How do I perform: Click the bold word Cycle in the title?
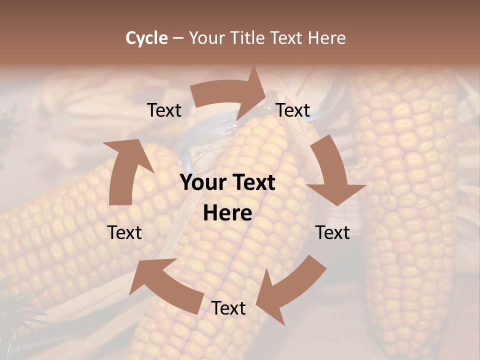click(x=146, y=38)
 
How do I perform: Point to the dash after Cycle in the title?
click(x=178, y=38)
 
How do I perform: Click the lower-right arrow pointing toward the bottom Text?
click(x=292, y=285)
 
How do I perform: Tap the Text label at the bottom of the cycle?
click(x=228, y=308)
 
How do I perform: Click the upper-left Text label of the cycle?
click(x=164, y=110)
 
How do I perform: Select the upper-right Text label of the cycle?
click(x=293, y=110)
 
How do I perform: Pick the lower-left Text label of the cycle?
click(x=124, y=232)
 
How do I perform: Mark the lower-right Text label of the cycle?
click(x=332, y=232)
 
